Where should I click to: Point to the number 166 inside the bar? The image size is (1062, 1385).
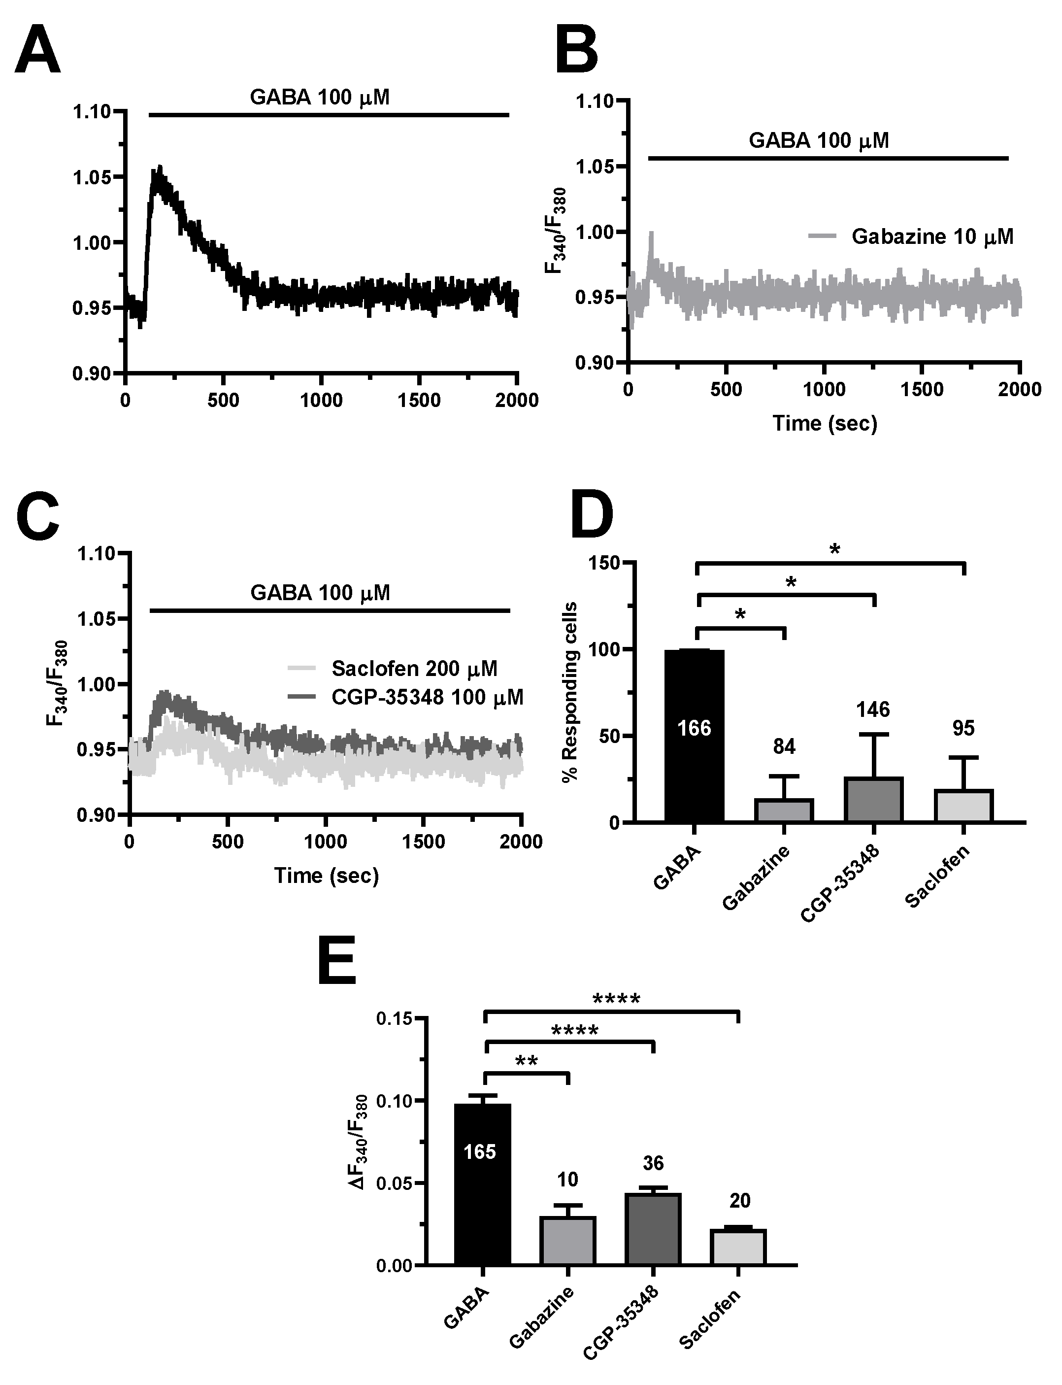(694, 728)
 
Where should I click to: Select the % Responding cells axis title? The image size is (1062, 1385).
(570, 692)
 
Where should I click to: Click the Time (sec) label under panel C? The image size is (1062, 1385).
(326, 875)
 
